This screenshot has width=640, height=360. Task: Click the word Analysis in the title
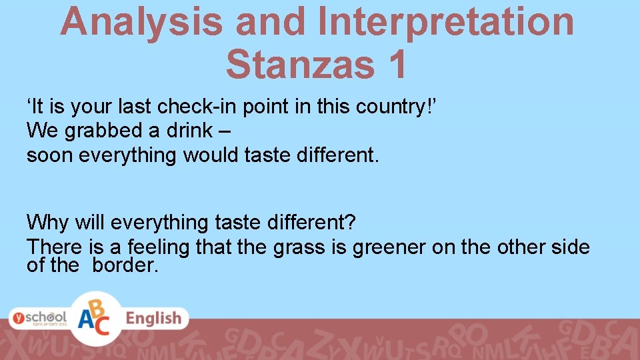(x=141, y=21)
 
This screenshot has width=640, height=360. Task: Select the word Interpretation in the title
(x=445, y=21)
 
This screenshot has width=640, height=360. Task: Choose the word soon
(x=49, y=155)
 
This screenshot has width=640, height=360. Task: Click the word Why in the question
(x=49, y=221)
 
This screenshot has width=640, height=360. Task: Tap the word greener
(x=389, y=247)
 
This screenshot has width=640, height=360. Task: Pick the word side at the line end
(x=569, y=247)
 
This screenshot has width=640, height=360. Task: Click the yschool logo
(x=37, y=317)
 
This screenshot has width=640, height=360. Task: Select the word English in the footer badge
(x=153, y=318)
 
